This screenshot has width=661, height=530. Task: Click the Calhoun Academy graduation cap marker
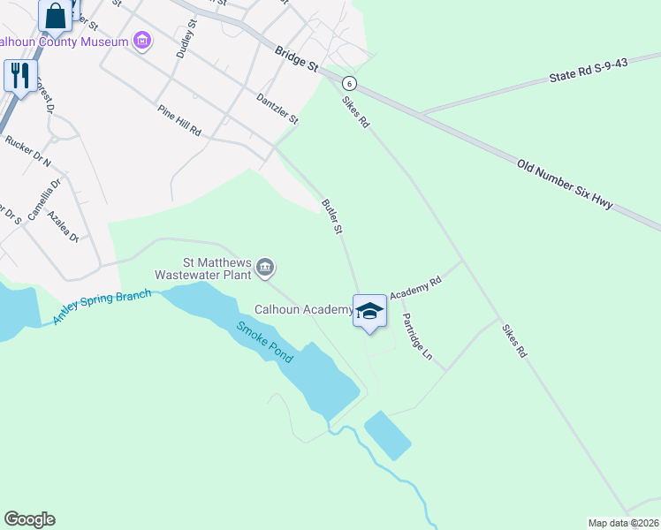click(370, 311)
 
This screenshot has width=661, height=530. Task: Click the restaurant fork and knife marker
click(19, 75)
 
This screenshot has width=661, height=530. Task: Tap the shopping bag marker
click(56, 15)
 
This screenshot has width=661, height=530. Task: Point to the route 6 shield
click(351, 83)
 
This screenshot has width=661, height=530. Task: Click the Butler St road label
click(332, 216)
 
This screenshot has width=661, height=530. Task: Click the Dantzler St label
click(277, 110)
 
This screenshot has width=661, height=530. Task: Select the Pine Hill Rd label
click(179, 120)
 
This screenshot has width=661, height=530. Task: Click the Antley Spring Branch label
click(103, 307)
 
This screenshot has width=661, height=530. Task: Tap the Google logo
click(29, 519)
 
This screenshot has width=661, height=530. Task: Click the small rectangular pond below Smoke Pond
click(387, 435)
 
